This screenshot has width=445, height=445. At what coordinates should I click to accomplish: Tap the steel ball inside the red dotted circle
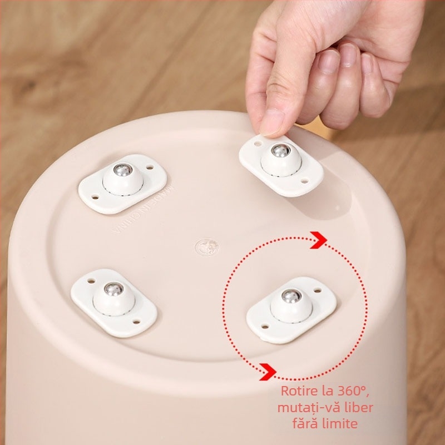pyautogui.click(x=289, y=296)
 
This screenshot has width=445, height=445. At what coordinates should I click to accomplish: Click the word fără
pyautogui.click(x=305, y=424)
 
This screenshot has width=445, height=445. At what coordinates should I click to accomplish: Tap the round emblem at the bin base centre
pyautogui.click(x=206, y=246)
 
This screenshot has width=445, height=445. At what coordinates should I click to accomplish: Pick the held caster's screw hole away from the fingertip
pyautogui.click(x=305, y=180)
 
